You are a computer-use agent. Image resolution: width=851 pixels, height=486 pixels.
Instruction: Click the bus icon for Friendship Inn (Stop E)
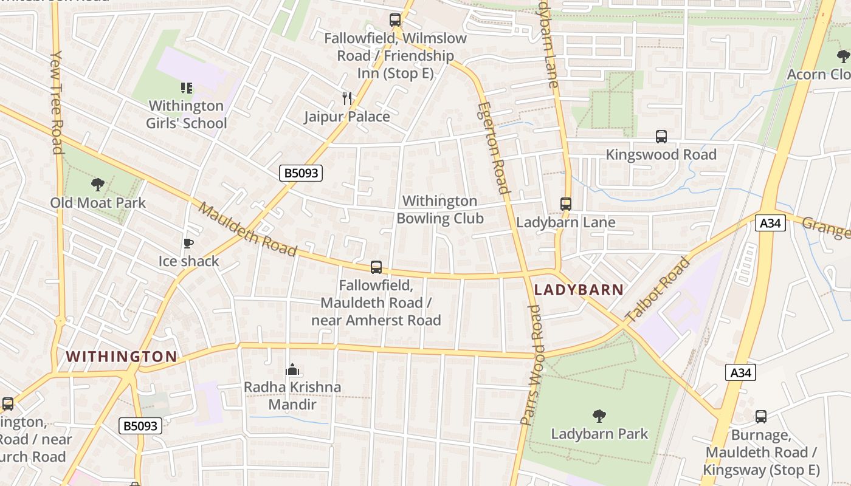point(395,20)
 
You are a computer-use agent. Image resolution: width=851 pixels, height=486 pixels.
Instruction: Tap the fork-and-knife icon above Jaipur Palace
point(347,98)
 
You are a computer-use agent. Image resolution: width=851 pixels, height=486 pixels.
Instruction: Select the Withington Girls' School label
point(186,114)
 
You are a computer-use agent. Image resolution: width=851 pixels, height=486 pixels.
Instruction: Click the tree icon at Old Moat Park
point(97,184)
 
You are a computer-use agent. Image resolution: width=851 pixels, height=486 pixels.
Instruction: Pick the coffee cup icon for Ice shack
point(188,244)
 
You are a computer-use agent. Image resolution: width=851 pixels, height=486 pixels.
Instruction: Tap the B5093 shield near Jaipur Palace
point(301,173)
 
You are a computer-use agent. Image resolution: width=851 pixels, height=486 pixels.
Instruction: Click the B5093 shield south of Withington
point(140,426)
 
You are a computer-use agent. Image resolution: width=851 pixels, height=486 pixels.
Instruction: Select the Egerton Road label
point(492,148)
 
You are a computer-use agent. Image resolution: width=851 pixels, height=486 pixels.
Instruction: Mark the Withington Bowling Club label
point(439,210)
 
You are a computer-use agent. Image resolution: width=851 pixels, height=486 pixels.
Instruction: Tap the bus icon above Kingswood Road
point(661,137)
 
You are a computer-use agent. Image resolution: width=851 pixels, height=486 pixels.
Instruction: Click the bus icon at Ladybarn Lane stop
point(566,204)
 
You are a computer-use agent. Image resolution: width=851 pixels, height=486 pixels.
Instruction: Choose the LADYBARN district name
point(579,290)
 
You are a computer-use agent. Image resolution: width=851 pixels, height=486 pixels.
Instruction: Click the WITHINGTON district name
point(122,357)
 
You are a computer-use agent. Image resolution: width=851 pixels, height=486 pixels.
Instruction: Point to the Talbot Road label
point(658,289)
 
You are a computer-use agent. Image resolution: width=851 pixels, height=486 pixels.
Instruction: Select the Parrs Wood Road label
point(531,364)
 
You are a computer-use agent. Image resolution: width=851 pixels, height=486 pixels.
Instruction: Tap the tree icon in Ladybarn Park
point(599,416)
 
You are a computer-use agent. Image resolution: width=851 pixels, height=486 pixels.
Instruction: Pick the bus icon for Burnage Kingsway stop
point(761,417)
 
